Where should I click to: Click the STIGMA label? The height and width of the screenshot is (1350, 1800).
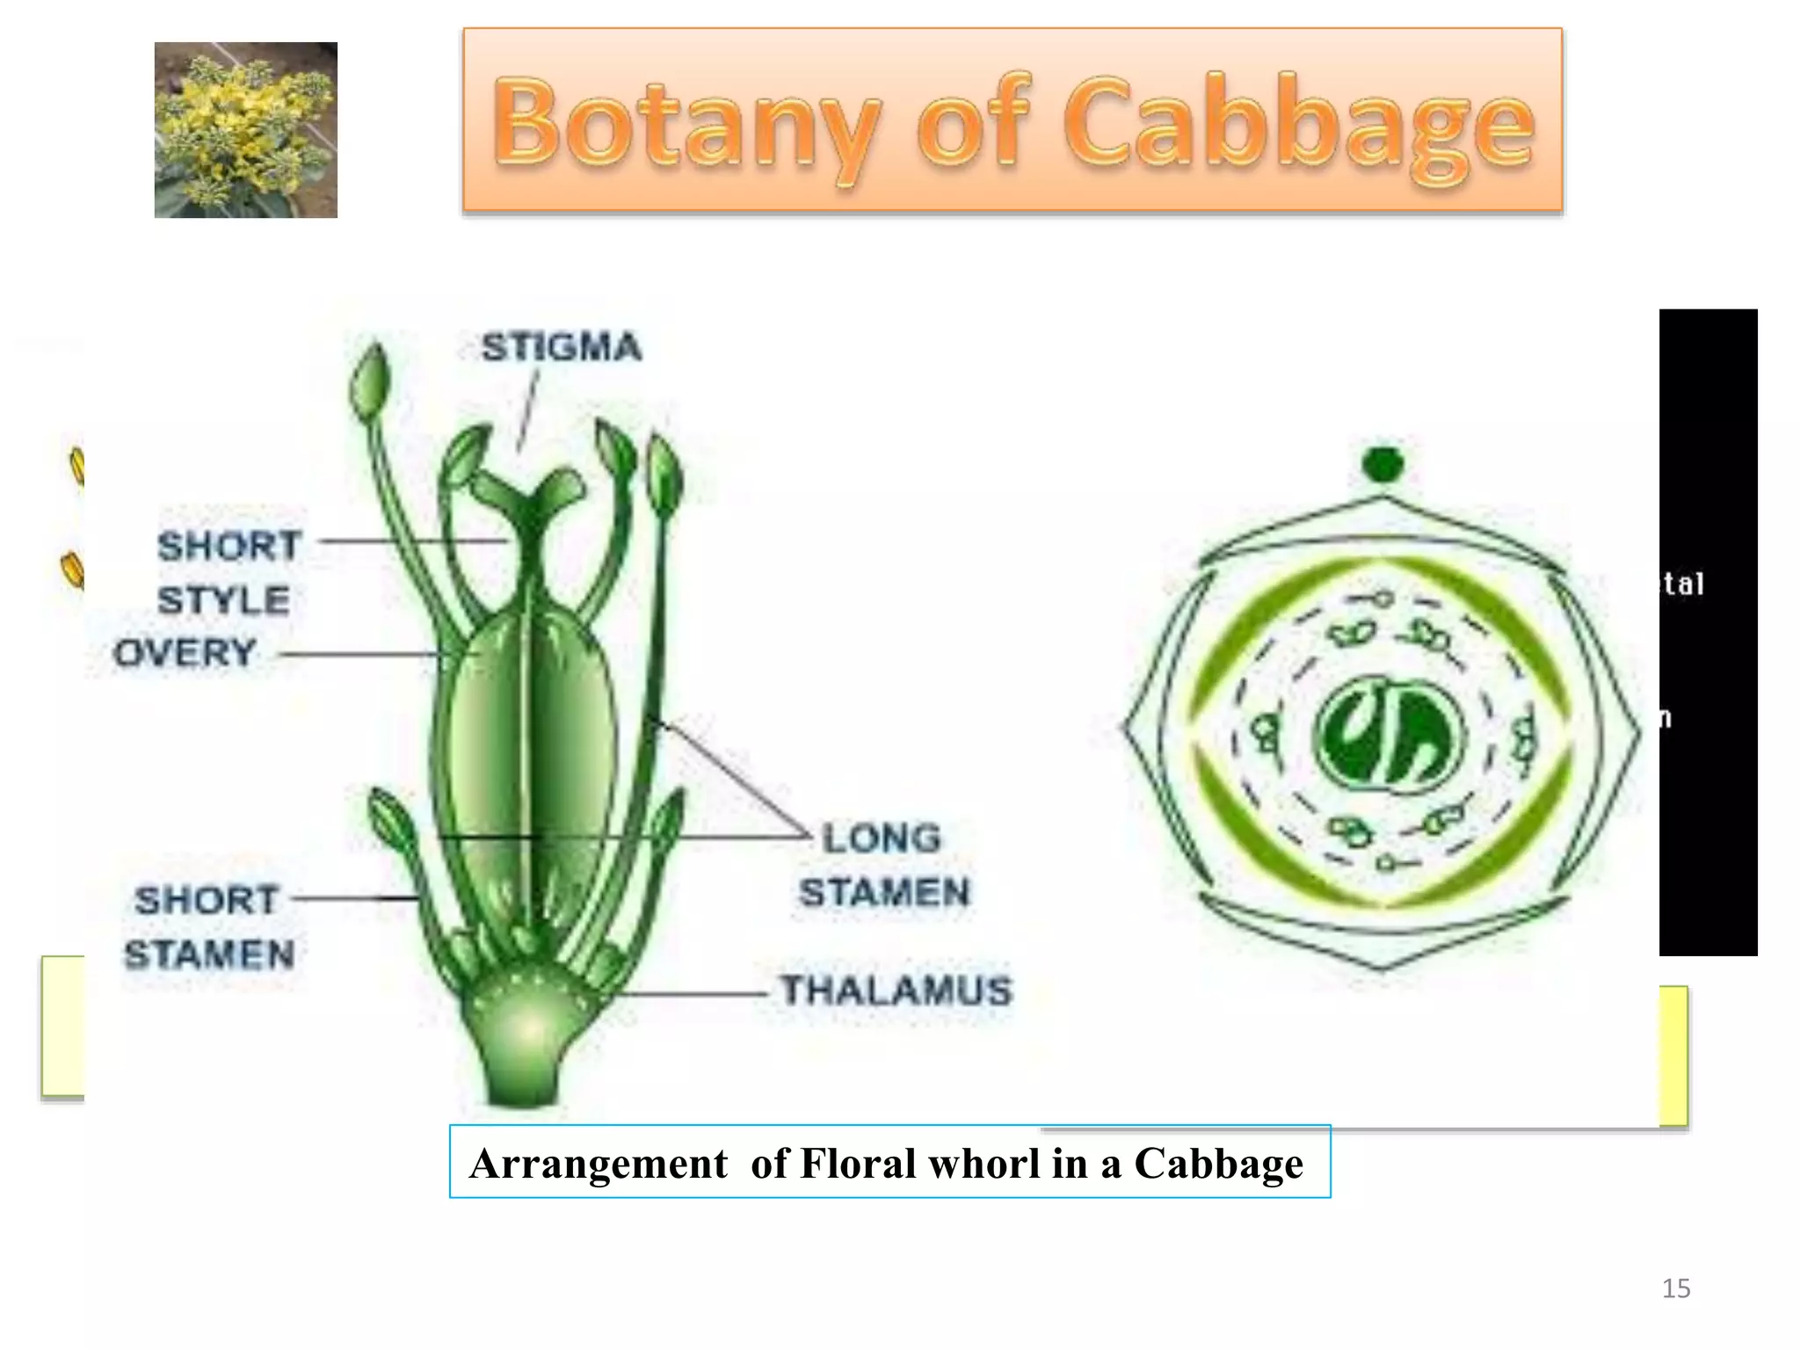[x=561, y=347]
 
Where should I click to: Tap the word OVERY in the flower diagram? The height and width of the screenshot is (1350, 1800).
[x=185, y=653]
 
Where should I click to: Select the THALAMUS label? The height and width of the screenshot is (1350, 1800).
[x=896, y=991]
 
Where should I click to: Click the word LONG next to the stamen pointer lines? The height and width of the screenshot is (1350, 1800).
[x=882, y=838]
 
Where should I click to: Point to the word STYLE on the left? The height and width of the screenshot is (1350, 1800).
[x=224, y=600]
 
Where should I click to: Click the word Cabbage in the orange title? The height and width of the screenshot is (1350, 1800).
[x=1299, y=123]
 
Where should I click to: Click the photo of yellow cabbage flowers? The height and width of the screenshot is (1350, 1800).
[x=246, y=130]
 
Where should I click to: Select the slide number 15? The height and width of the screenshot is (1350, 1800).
[x=1675, y=1288]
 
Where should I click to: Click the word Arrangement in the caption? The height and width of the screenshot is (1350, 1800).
[x=599, y=1163]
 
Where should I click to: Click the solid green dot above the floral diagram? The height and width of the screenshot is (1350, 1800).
[x=1383, y=464]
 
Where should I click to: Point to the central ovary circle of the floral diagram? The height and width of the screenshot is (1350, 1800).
[x=1389, y=735]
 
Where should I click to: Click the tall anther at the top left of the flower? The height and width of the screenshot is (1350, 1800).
[x=369, y=382]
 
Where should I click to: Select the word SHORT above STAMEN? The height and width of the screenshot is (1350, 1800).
[x=207, y=900]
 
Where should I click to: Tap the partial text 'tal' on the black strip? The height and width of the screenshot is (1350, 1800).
[x=1683, y=584]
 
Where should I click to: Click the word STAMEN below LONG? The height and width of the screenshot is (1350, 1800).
[x=884, y=892]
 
